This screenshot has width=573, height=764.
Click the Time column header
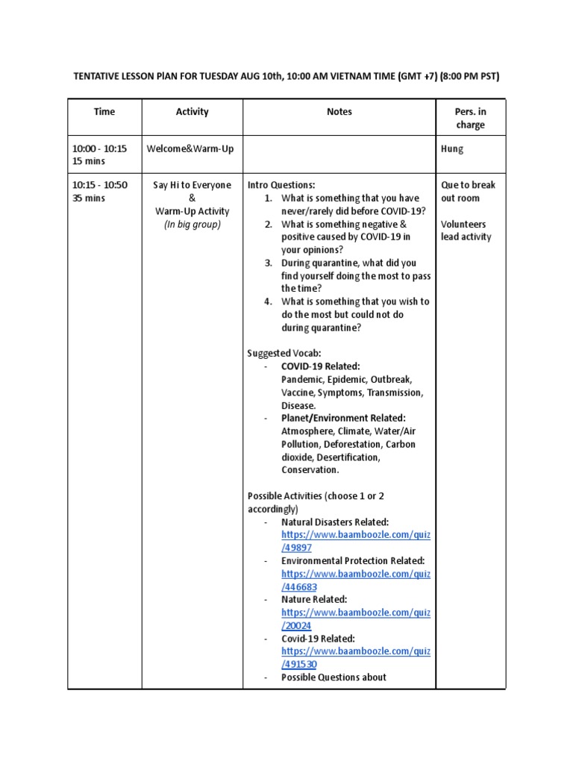point(104,112)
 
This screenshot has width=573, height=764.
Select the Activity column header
point(192,112)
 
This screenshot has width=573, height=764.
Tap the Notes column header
point(339,112)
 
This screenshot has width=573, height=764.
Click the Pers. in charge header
point(470,118)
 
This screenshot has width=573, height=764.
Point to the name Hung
point(452,149)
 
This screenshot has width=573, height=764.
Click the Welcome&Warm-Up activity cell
point(190,149)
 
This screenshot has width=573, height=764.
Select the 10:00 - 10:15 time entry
point(99,149)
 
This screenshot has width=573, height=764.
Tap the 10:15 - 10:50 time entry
point(99,185)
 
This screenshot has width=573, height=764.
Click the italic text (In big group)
point(192,225)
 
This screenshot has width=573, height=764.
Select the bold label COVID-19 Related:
point(320,366)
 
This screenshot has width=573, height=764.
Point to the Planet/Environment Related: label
point(343,418)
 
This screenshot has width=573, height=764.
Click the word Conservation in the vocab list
point(309,470)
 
